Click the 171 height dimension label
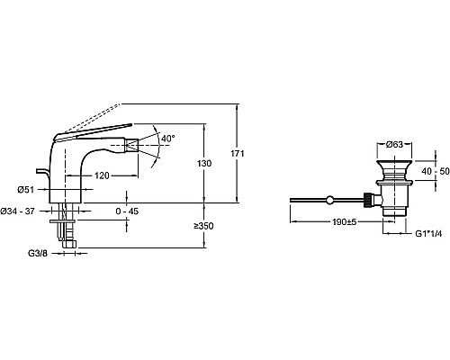(x=238, y=154)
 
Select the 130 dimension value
(x=204, y=164)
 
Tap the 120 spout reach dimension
(x=102, y=175)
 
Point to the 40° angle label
(x=168, y=139)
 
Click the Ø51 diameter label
(x=25, y=190)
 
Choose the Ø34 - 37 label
(x=17, y=211)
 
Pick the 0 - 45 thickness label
(x=127, y=211)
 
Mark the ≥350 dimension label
(x=203, y=226)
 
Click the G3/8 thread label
(x=38, y=254)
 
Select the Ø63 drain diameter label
(x=394, y=145)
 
